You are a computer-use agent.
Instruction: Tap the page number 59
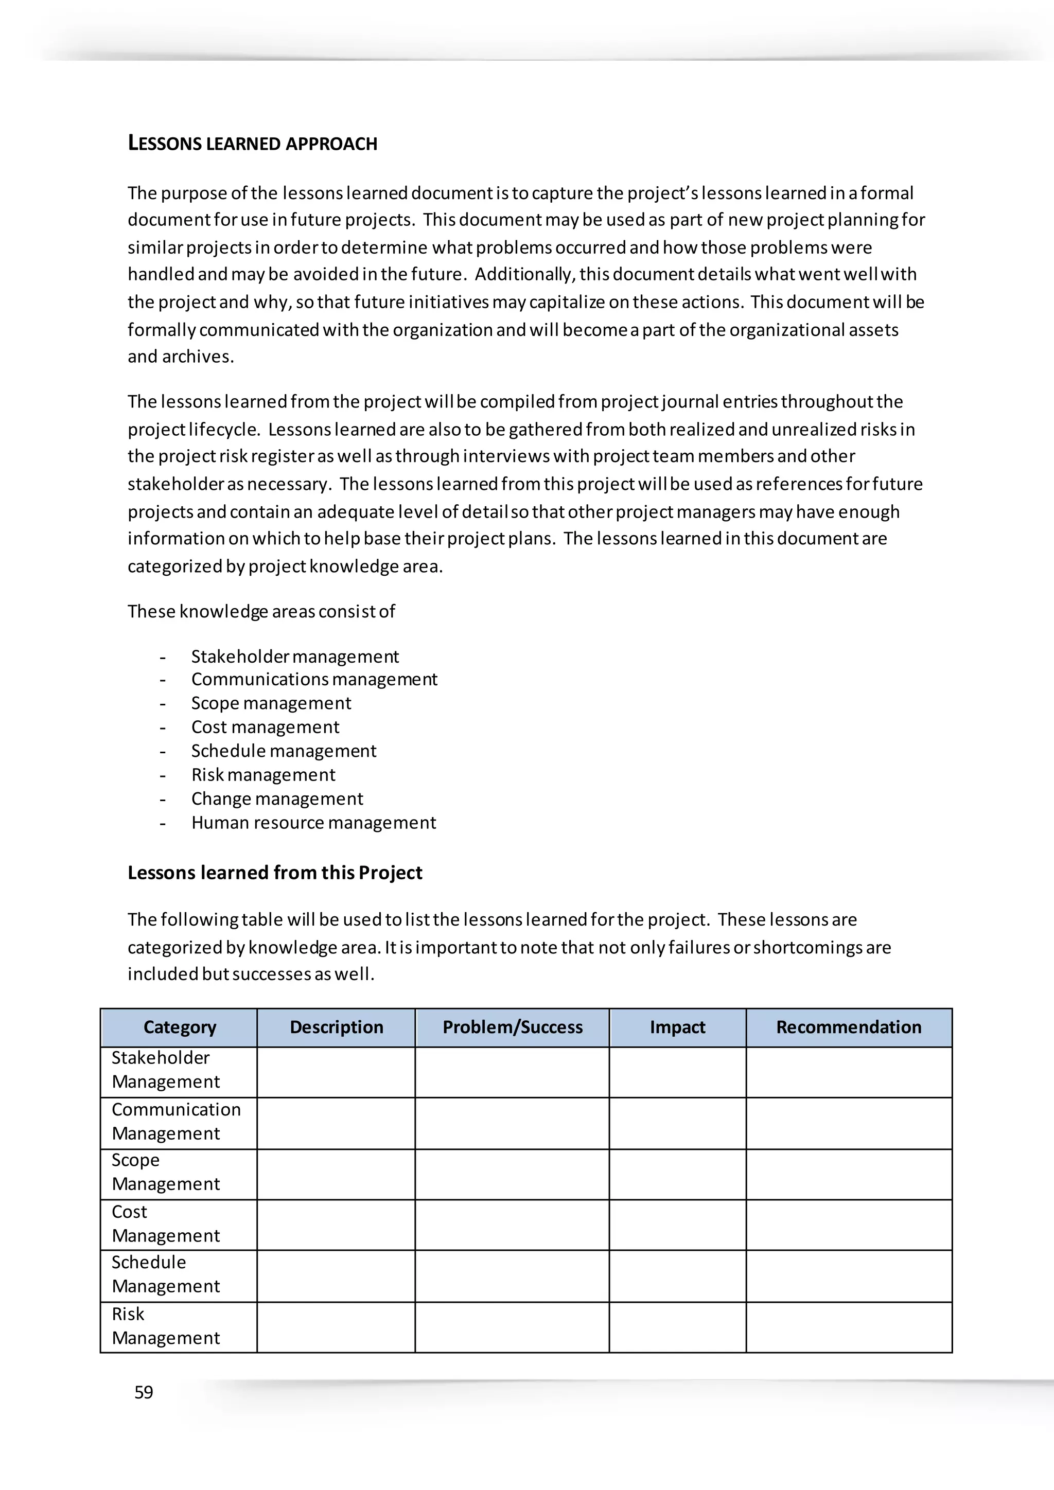click(x=144, y=1392)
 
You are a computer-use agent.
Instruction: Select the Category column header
click(x=179, y=1027)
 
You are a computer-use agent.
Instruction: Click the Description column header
click(x=336, y=1027)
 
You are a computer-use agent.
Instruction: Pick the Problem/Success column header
click(x=512, y=1027)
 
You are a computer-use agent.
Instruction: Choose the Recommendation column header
click(x=848, y=1027)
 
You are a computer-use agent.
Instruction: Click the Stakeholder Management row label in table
click(x=166, y=1070)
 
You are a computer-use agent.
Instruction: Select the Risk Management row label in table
click(x=166, y=1326)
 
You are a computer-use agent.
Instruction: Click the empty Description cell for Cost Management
click(x=336, y=1225)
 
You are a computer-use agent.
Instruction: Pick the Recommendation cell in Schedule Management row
click(x=848, y=1275)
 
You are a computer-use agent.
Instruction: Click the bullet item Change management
click(x=277, y=799)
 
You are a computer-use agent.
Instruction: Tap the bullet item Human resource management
click(x=313, y=823)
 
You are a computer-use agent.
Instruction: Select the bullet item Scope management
click(x=271, y=703)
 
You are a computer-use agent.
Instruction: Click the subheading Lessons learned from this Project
click(x=274, y=873)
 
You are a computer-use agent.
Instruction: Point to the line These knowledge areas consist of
click(x=261, y=612)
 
